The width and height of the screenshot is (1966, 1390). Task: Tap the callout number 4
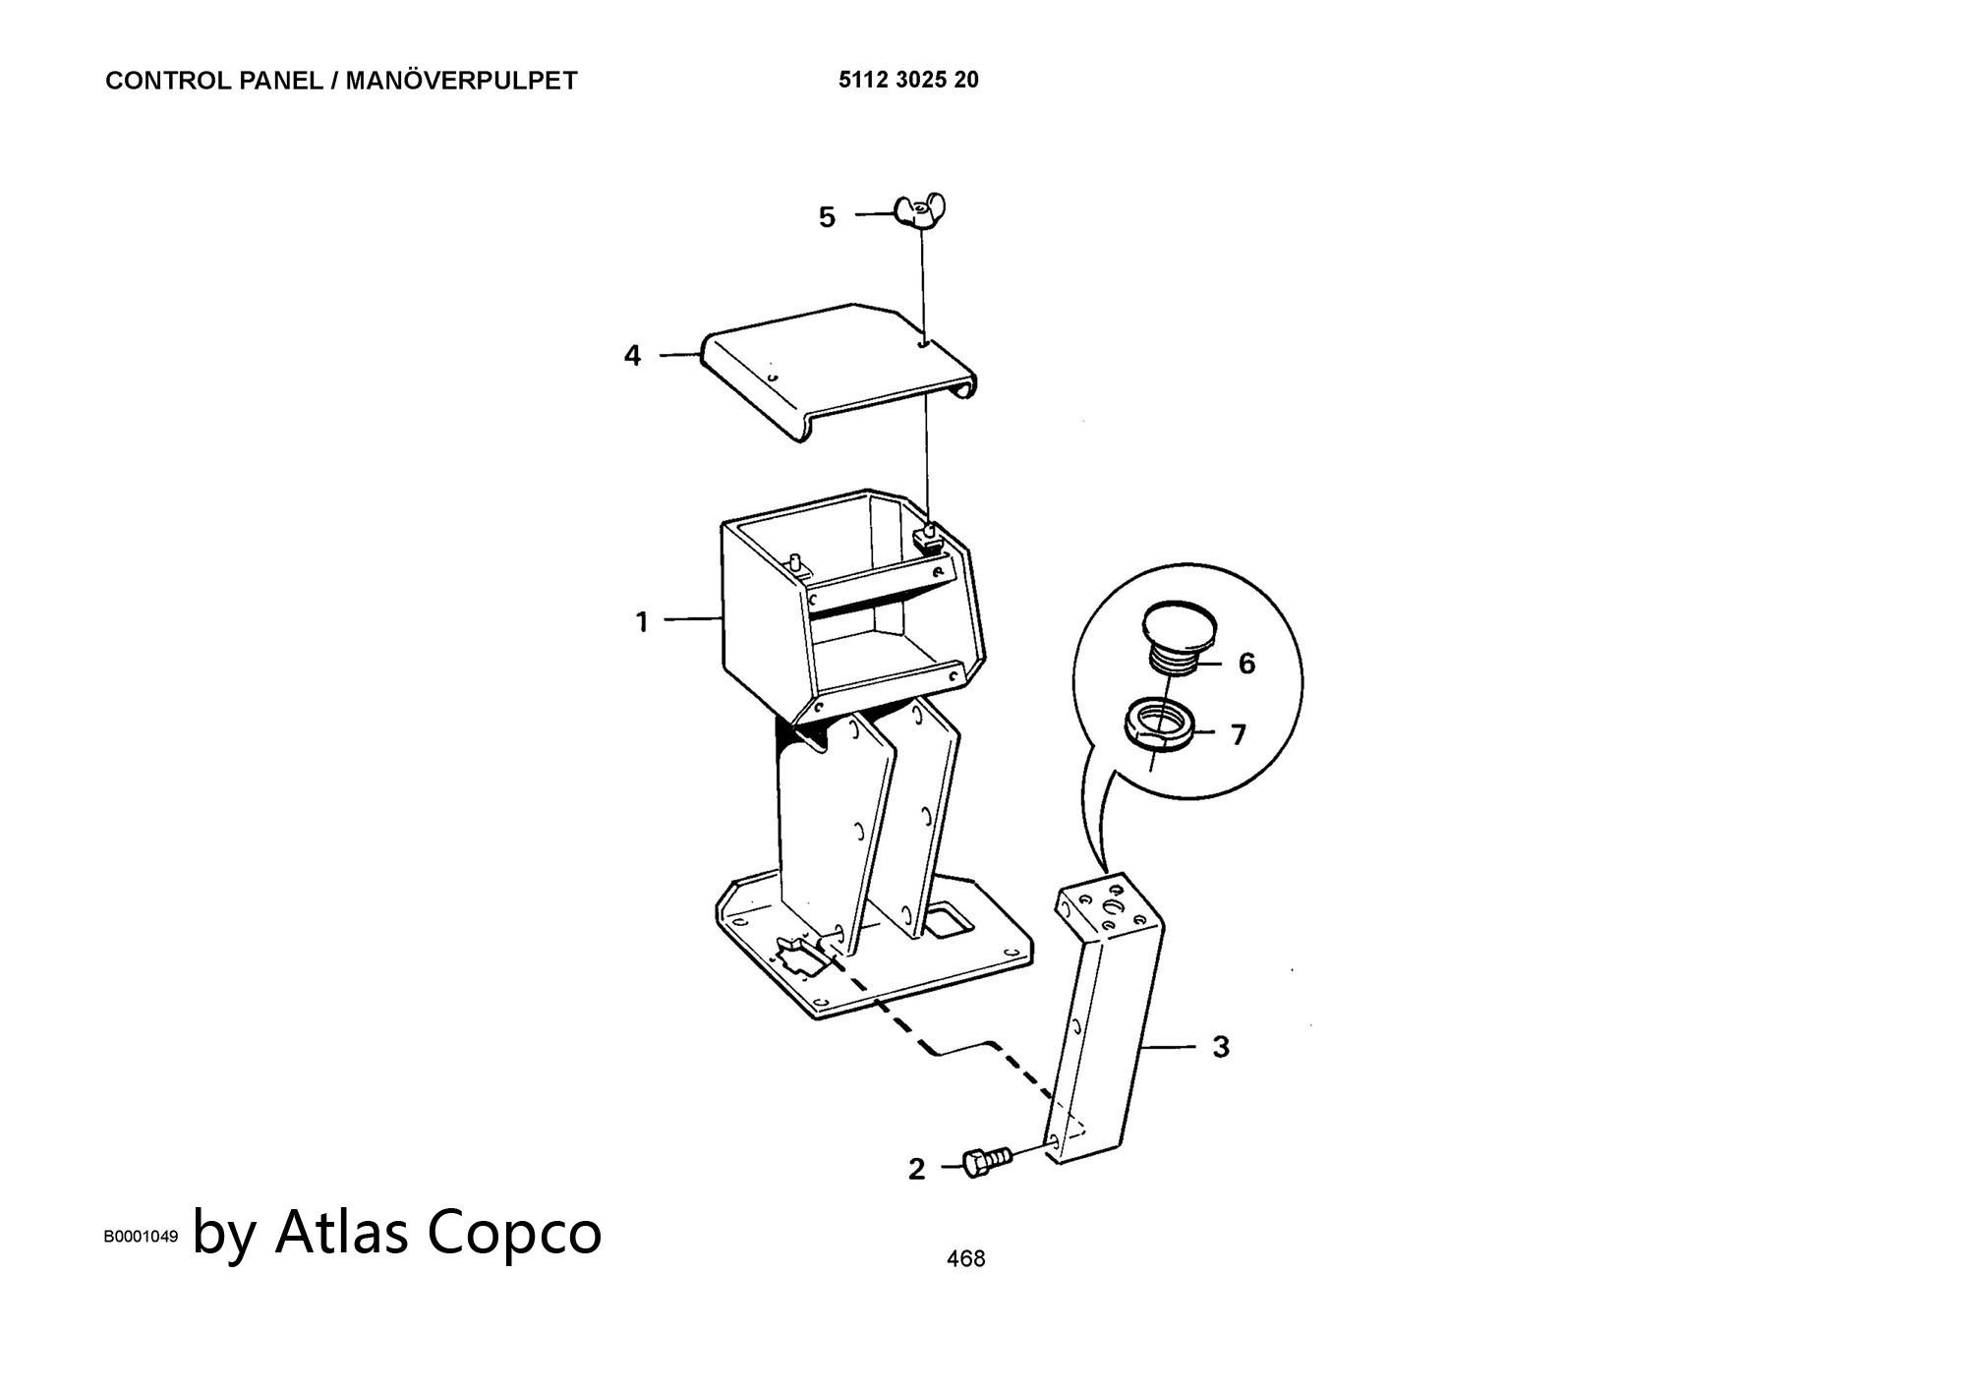point(632,355)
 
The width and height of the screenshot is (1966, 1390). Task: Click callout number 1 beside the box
point(642,621)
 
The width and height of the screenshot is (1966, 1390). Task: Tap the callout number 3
point(1221,1047)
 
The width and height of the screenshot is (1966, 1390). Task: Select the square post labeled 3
point(1108,1019)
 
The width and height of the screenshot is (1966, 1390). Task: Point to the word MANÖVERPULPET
point(461,81)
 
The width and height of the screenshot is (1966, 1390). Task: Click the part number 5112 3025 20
point(908,80)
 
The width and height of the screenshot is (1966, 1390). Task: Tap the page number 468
point(965,1258)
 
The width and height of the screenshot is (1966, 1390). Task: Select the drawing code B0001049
point(142,1237)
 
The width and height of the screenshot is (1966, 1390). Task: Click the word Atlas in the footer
point(341,1231)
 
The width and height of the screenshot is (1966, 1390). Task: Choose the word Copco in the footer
point(513,1234)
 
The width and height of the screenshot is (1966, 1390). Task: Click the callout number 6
point(1246,664)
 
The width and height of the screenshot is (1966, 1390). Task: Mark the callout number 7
point(1239,734)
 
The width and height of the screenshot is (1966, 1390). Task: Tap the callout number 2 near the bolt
point(917,1170)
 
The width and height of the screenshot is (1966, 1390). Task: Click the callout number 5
point(828,217)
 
